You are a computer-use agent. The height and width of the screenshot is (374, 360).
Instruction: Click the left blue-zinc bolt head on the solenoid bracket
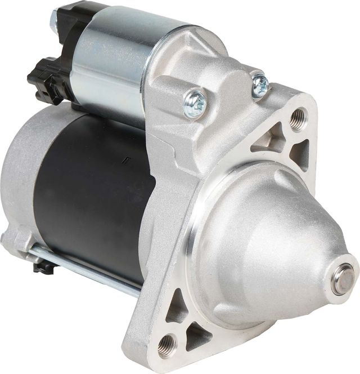click(x=195, y=104)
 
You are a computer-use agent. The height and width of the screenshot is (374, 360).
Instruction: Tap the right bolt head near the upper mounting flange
click(x=260, y=85)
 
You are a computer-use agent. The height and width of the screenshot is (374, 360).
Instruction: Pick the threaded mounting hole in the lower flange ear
click(x=167, y=345)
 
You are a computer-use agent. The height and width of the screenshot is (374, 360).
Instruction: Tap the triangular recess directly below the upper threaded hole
click(x=300, y=152)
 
